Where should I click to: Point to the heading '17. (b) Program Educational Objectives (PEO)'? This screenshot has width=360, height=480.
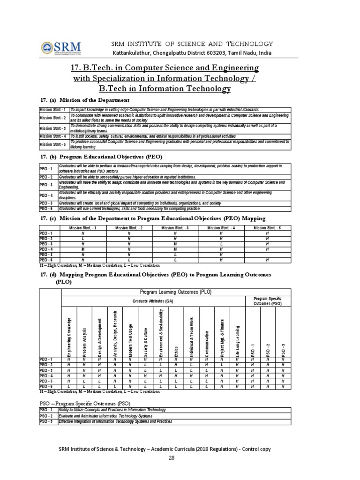point(101,156)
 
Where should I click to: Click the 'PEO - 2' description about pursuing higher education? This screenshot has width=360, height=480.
point(120,178)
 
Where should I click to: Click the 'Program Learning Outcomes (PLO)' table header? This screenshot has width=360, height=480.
point(176,292)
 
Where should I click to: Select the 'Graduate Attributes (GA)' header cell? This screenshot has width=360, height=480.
point(153,301)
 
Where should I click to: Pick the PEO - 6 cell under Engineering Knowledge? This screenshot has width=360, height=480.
point(69,387)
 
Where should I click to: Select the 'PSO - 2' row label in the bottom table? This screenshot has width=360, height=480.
point(48,416)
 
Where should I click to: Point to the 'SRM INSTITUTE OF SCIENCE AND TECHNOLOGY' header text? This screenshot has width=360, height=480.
point(192,43)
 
